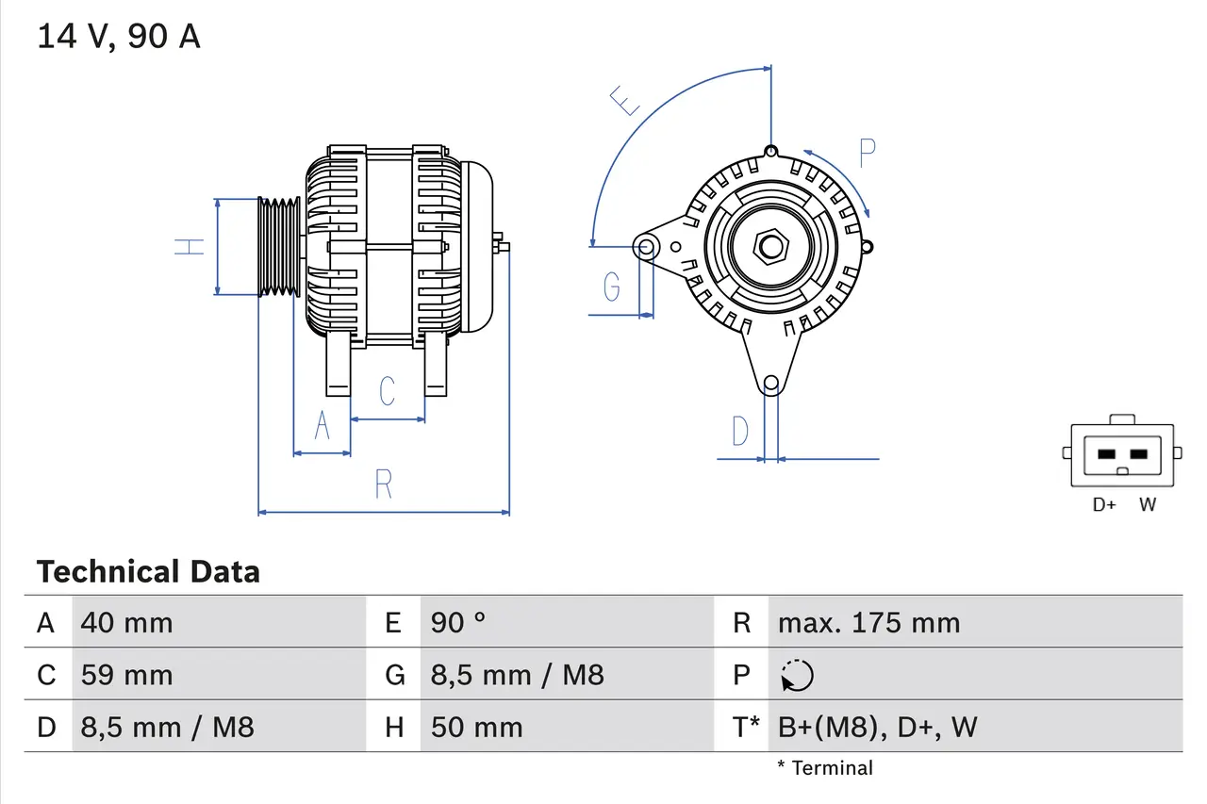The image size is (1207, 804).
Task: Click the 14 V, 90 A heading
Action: pyautogui.click(x=118, y=37)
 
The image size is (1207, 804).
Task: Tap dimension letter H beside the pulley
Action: pyautogui.click(x=190, y=247)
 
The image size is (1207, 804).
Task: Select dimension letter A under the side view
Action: pyautogui.click(x=322, y=426)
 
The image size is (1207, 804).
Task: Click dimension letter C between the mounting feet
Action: pyautogui.click(x=387, y=390)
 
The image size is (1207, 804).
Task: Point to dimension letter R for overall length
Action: pyautogui.click(x=383, y=484)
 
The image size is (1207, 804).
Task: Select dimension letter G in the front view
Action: pyautogui.click(x=612, y=286)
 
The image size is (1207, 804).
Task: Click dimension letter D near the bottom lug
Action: pyautogui.click(x=740, y=432)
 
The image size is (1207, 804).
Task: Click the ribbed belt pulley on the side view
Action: pyautogui.click(x=279, y=247)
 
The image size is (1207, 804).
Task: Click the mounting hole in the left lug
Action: pyautogui.click(x=647, y=248)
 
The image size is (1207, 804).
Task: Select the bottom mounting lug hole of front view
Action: pyautogui.click(x=771, y=383)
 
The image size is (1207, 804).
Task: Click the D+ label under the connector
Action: pyautogui.click(x=1104, y=505)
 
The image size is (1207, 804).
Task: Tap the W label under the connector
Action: pyautogui.click(x=1147, y=505)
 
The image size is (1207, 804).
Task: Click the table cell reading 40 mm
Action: pyautogui.click(x=126, y=622)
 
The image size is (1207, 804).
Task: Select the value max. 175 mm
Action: pyautogui.click(x=868, y=622)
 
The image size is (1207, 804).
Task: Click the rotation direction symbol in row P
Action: pyautogui.click(x=797, y=675)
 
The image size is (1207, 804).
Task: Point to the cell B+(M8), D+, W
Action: pyautogui.click(x=877, y=727)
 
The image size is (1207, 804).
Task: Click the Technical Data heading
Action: pyautogui.click(x=148, y=571)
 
